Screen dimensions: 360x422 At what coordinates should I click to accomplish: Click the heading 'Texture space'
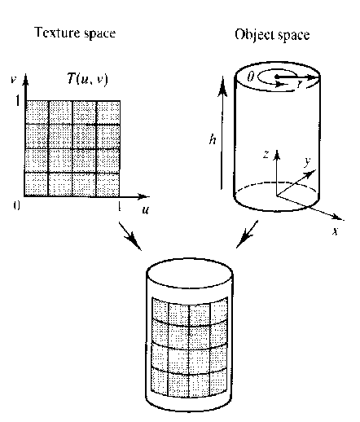(x=75, y=33)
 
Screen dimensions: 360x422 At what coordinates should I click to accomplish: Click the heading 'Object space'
(x=272, y=35)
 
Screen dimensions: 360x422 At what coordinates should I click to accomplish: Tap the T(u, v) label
(x=87, y=79)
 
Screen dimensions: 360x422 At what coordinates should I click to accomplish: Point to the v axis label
(x=13, y=79)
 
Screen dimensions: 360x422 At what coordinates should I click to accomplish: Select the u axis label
(x=146, y=209)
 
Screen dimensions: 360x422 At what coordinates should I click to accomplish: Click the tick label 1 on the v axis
(x=18, y=101)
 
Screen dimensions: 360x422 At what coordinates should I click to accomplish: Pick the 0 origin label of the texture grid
(x=16, y=205)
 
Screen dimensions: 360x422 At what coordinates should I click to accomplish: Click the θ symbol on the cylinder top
(x=251, y=77)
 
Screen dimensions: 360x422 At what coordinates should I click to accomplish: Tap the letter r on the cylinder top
(x=300, y=84)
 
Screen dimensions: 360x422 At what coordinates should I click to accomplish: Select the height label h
(x=213, y=139)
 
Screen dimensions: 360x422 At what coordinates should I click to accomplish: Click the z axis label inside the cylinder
(x=266, y=154)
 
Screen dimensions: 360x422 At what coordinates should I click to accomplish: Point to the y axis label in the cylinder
(x=307, y=161)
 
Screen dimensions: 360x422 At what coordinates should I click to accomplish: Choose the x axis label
(x=336, y=231)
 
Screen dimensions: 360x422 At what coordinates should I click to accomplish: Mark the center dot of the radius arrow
(x=277, y=77)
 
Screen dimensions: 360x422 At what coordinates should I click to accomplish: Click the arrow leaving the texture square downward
(x=130, y=235)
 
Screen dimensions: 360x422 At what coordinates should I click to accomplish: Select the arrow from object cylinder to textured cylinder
(x=247, y=234)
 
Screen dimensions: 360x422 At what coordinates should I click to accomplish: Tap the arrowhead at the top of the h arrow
(x=222, y=85)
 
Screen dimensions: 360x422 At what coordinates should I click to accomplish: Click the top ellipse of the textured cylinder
(x=190, y=273)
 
